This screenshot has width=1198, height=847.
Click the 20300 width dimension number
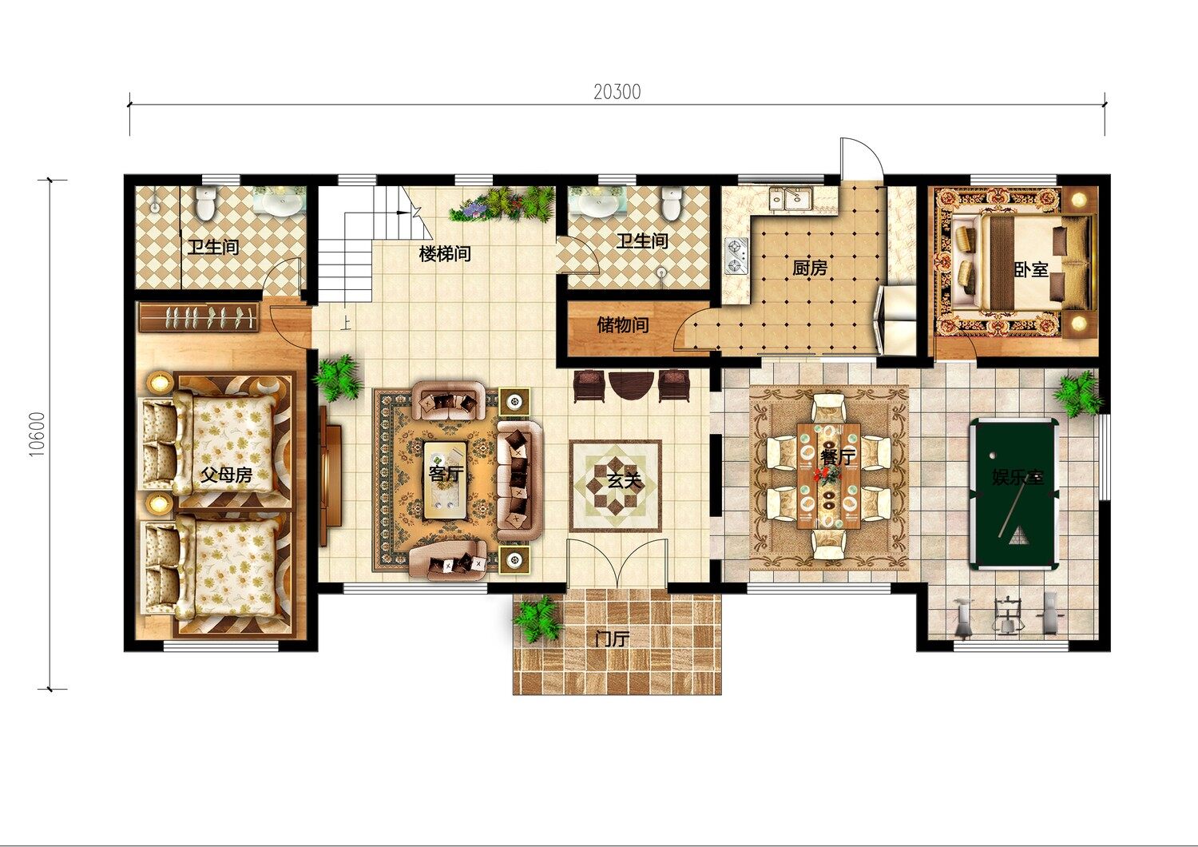[x=617, y=92]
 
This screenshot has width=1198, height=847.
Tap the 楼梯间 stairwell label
[x=445, y=253]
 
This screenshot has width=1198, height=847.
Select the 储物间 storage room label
[x=622, y=324]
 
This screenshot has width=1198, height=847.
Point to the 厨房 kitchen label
[x=810, y=268]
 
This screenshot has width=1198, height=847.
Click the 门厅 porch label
[x=612, y=638]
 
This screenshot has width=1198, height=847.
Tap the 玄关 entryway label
[x=624, y=481]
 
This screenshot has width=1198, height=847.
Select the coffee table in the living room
[x=444, y=480]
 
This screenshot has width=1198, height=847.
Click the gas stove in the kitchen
[x=736, y=256]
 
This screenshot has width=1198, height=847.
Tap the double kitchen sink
[x=791, y=198]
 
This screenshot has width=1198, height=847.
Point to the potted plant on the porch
[x=537, y=618]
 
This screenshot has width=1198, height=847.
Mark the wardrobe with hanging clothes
[x=200, y=317]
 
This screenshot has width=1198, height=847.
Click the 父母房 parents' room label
[x=226, y=474]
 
